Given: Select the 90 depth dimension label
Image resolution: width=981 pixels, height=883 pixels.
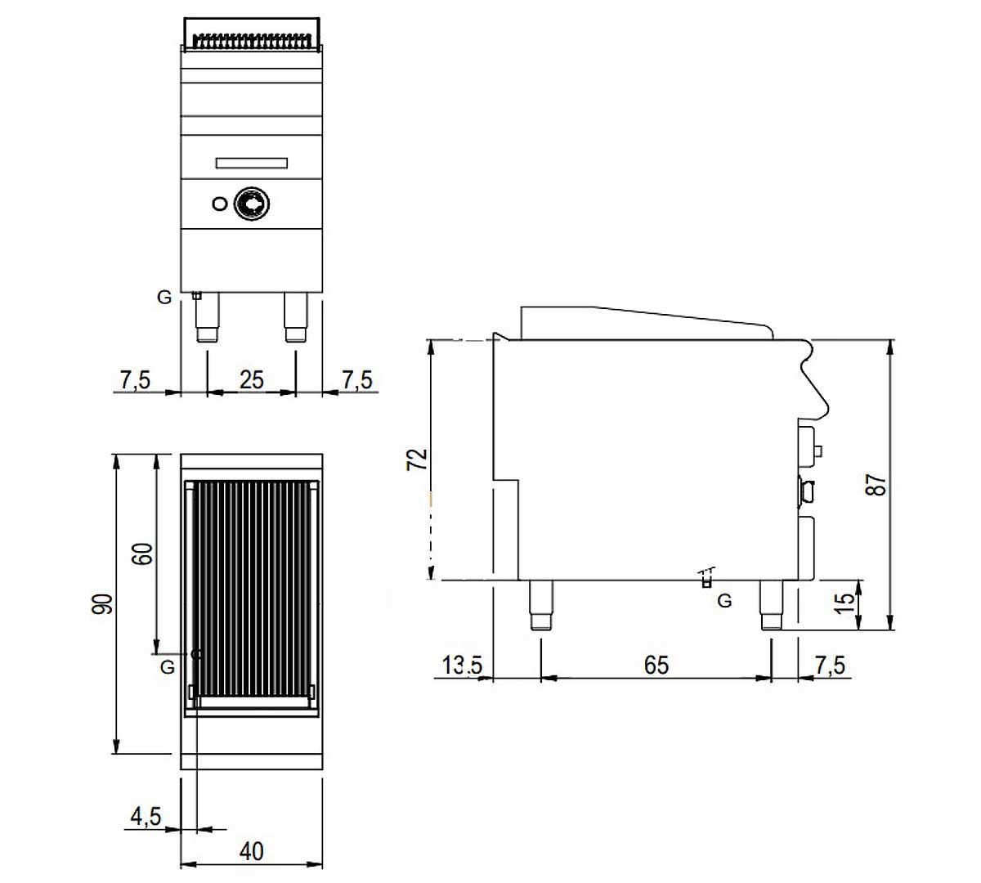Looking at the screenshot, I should [102, 604].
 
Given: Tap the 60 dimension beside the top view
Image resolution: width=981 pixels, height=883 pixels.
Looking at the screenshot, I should [142, 554].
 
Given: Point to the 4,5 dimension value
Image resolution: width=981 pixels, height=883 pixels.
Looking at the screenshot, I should [146, 816].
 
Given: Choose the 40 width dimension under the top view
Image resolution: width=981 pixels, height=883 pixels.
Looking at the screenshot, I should [252, 851].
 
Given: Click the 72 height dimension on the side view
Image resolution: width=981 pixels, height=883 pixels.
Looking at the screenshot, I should [418, 459].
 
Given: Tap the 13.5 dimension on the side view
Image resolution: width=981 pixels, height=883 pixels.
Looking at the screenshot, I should [462, 665].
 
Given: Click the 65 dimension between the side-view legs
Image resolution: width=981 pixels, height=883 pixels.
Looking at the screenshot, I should [656, 665].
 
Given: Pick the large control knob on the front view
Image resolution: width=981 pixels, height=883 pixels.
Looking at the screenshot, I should [249, 203].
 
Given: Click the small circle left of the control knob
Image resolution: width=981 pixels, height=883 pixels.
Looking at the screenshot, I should [218, 204].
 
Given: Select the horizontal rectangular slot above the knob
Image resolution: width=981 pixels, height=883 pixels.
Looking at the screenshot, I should [251, 164].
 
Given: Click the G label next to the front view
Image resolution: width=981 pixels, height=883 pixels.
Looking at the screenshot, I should [165, 298].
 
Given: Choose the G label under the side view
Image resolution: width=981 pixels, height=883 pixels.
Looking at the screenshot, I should [724, 602].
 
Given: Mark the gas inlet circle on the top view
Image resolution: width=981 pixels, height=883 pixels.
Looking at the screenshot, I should [195, 654].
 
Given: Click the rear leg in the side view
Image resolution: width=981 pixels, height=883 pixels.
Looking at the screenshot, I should [540, 605].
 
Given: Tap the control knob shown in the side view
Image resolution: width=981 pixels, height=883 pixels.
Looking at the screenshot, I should [806, 491].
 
